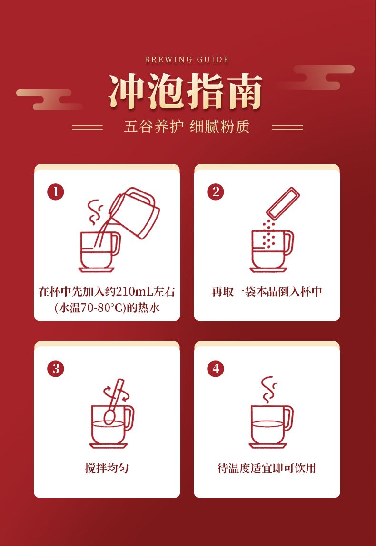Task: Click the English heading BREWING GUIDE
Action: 187,59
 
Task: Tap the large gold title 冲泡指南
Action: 185,91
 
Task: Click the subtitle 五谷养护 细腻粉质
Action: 187,126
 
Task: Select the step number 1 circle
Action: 56,192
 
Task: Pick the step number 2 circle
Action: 216,192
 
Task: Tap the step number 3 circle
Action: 56,368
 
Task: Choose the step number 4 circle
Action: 216,368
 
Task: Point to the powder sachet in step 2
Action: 283,203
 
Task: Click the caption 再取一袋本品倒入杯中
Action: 267,291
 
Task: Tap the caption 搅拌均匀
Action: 107,468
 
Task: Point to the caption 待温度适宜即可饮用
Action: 267,468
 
